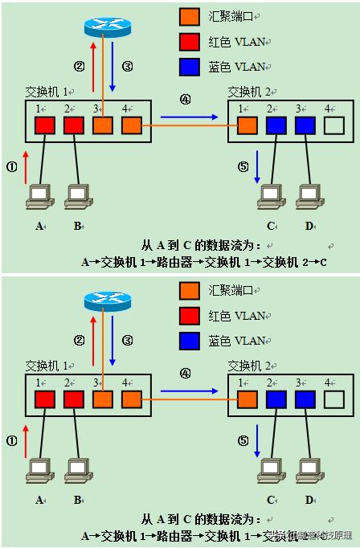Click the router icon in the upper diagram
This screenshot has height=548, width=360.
coord(108,27)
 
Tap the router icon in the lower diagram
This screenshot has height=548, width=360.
coord(108,300)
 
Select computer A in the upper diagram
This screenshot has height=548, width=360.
coord(39,195)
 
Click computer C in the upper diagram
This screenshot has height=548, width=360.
coord(270,195)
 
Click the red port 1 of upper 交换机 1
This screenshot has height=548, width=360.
coord(44,125)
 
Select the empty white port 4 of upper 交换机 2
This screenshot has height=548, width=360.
coord(333,125)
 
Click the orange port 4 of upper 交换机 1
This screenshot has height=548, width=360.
coord(131,125)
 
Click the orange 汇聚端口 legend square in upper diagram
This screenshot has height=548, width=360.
coord(190,16)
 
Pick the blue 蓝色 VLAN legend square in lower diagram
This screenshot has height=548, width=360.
coord(190,340)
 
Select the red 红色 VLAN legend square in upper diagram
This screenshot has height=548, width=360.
coord(190,41)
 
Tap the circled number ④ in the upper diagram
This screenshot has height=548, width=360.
coord(186,100)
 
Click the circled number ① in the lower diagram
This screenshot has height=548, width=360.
coord(11,440)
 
